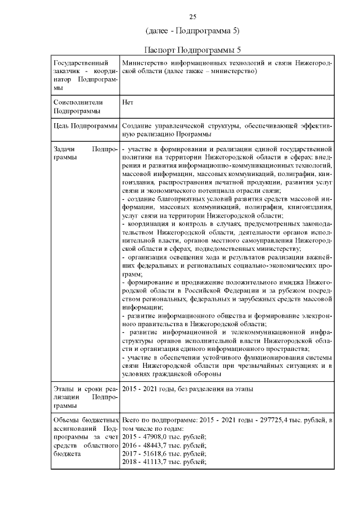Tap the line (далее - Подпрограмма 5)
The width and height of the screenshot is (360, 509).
pyautogui.click(x=192, y=30)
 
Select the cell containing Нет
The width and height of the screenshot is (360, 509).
pyautogui.click(x=127, y=103)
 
